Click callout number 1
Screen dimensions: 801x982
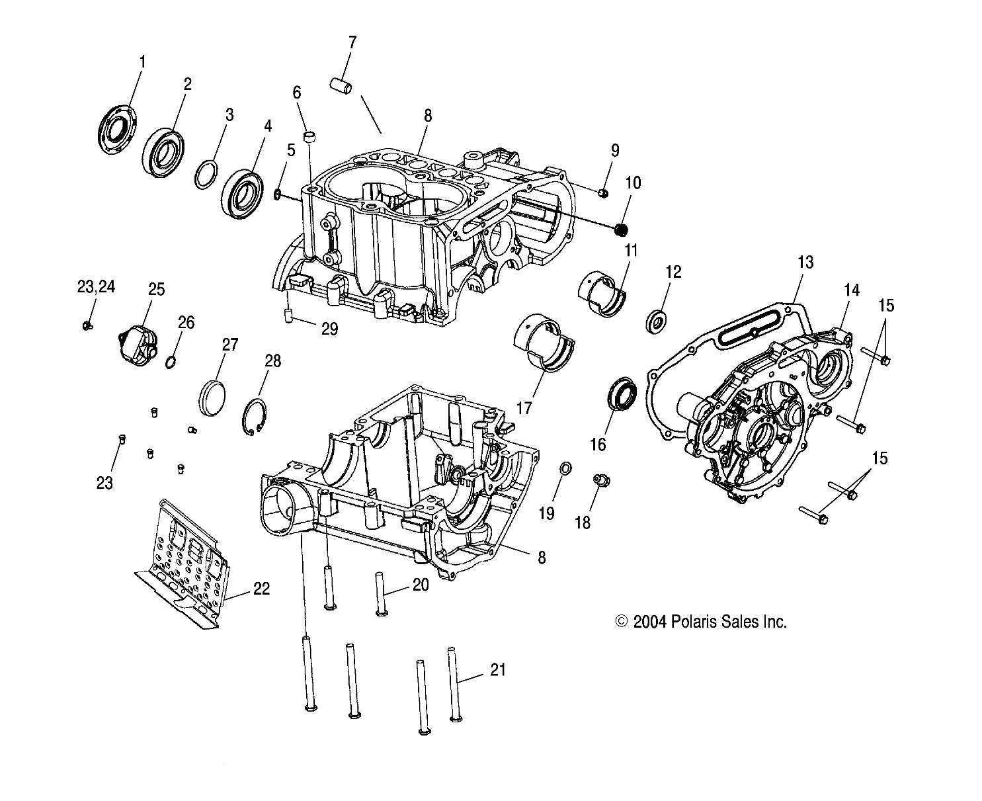(x=142, y=62)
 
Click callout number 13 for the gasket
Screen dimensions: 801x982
(x=805, y=263)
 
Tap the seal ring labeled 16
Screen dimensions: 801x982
(x=622, y=394)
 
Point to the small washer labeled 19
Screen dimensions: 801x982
(x=566, y=469)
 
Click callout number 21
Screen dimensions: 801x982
(x=497, y=669)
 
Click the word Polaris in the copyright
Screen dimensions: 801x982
(x=693, y=622)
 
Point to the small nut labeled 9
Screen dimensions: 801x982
(x=602, y=192)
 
